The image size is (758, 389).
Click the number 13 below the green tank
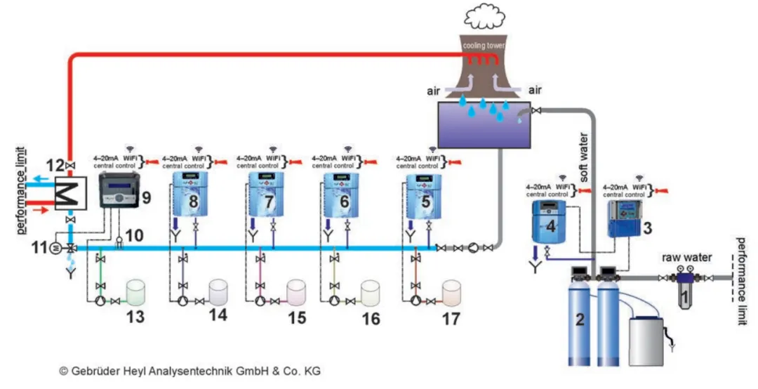pos(135,317)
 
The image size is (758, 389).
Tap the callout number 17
pos(451,319)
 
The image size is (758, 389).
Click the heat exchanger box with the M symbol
pos(69,190)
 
